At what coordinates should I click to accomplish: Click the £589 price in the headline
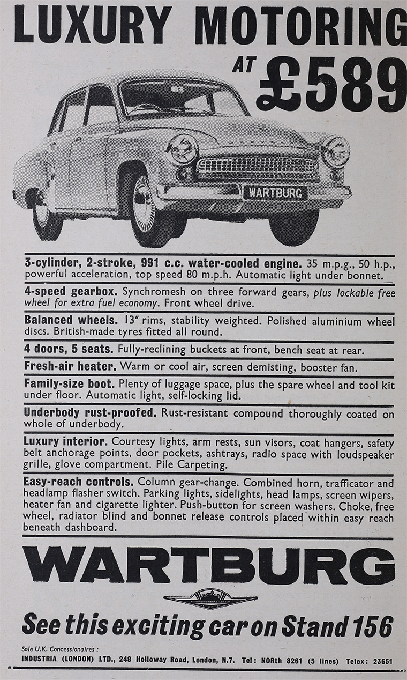331,84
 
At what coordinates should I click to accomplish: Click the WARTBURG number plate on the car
276,193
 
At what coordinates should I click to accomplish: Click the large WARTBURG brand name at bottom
208,565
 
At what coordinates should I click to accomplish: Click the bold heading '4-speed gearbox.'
71,293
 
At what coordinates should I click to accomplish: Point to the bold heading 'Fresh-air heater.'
70,368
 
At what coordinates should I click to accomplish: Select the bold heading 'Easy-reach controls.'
77,482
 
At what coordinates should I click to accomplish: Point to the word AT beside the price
242,67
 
